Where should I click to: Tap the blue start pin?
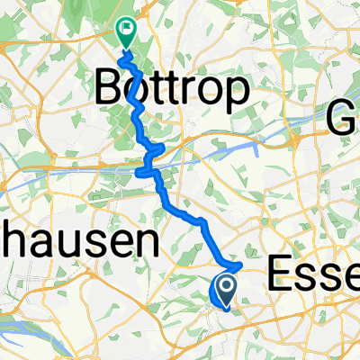222,291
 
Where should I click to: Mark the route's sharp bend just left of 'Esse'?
242,265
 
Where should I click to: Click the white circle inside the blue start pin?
222,286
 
